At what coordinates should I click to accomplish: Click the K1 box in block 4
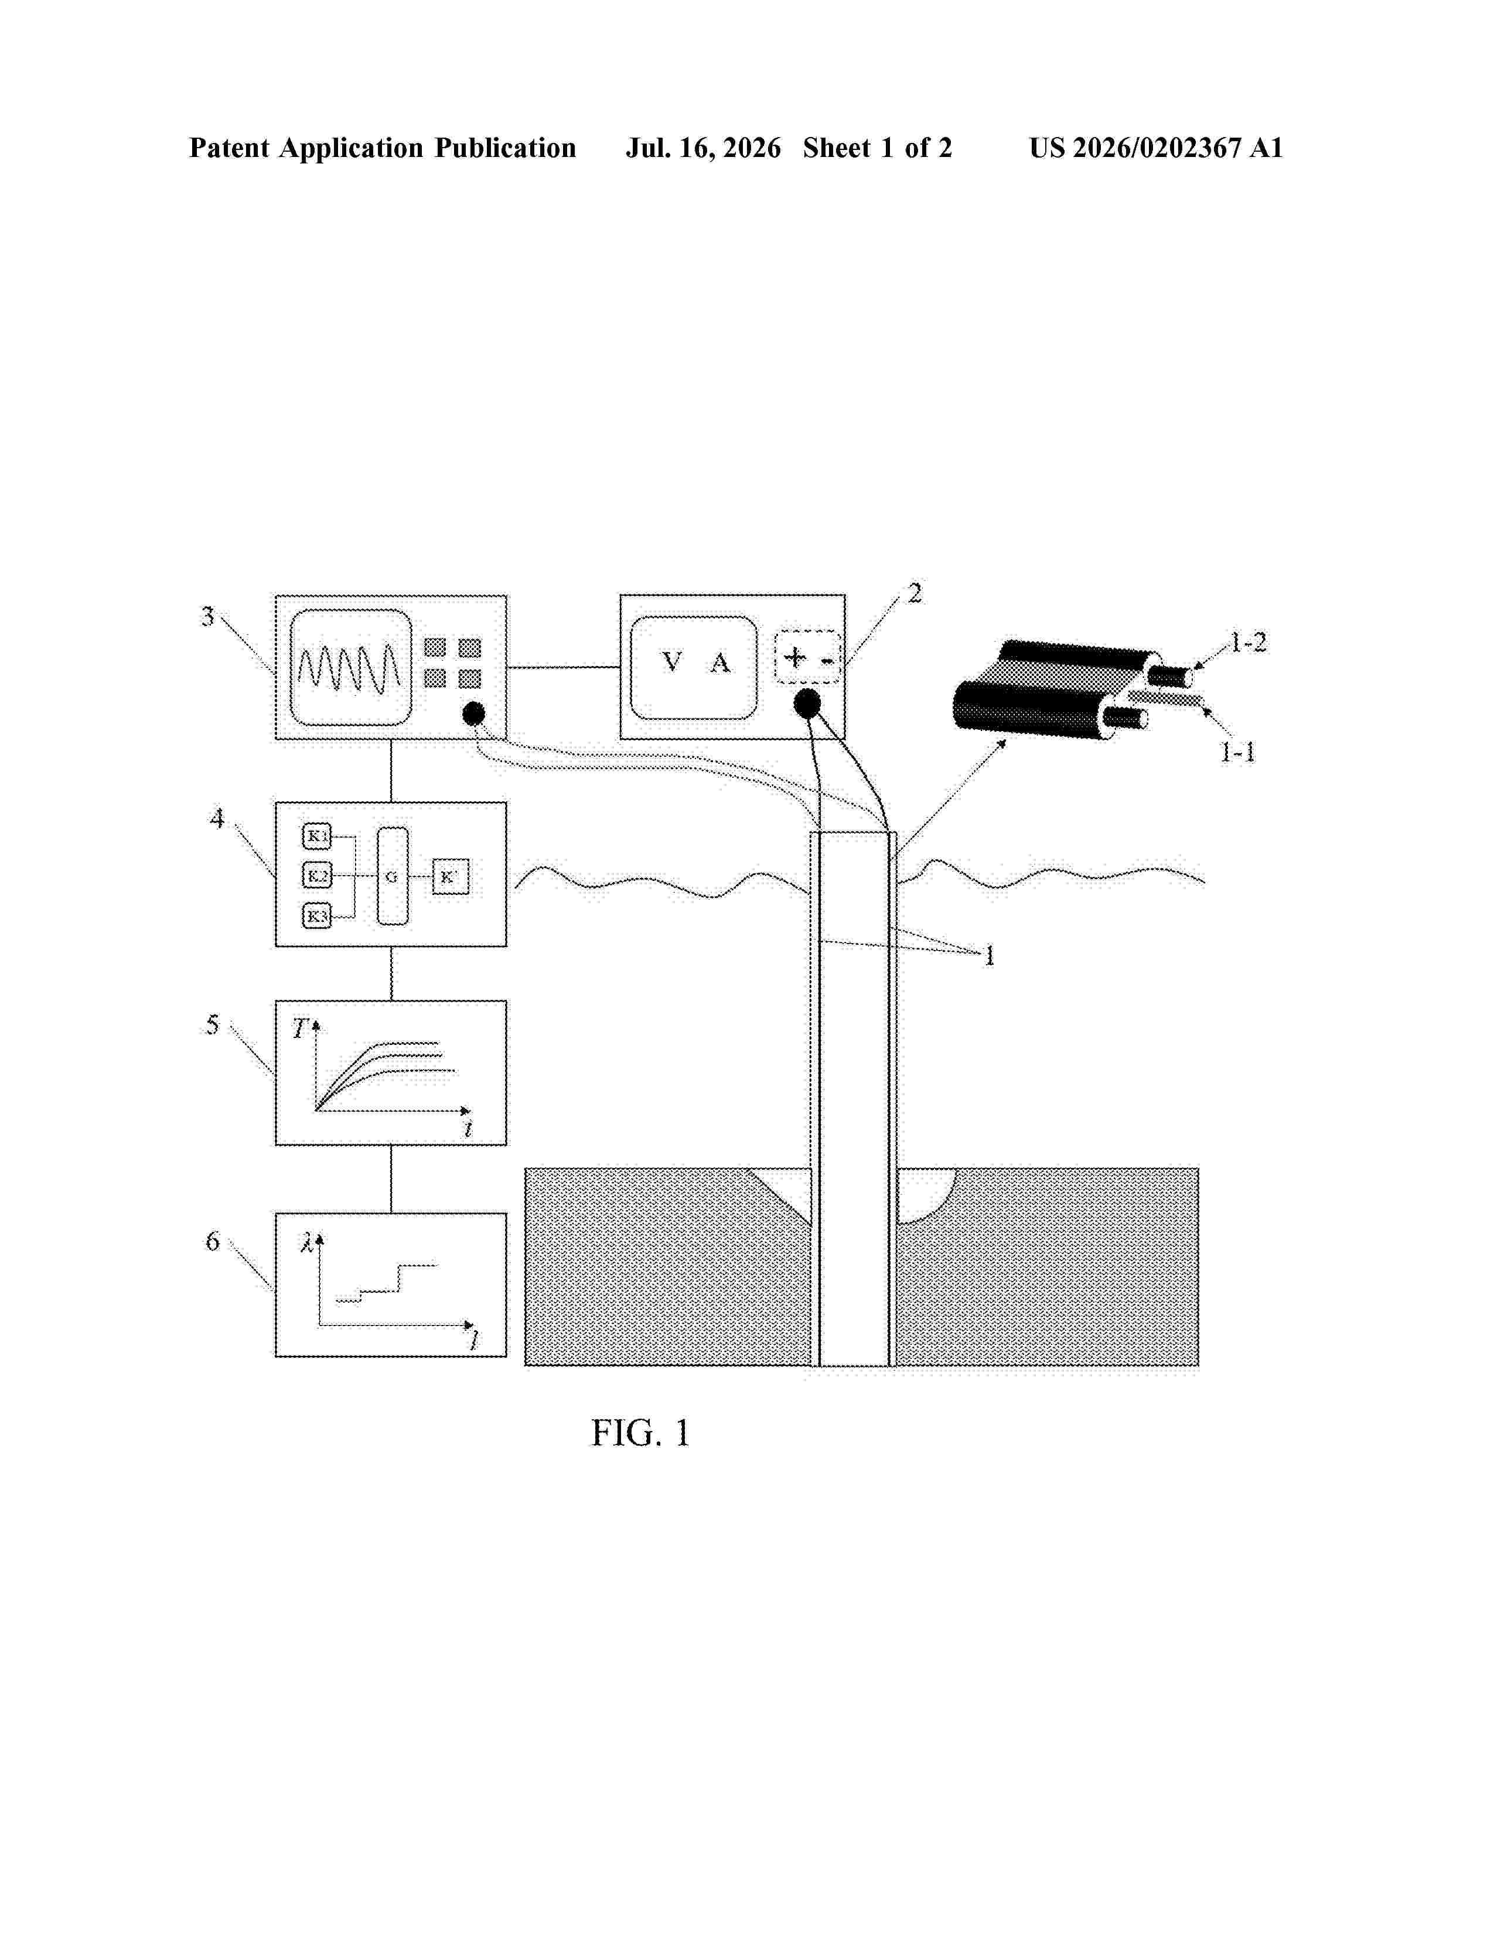[317, 835]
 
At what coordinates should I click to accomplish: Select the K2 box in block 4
[317, 876]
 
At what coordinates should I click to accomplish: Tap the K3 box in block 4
[317, 916]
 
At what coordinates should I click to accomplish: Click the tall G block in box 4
[392, 876]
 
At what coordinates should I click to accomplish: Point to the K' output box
[451, 876]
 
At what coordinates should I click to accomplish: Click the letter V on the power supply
[672, 662]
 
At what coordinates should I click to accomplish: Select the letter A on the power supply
[721, 663]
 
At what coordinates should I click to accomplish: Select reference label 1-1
[1237, 752]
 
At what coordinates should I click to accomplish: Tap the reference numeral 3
[208, 616]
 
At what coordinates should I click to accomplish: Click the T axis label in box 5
[299, 1029]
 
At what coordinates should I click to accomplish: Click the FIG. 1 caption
[640, 1433]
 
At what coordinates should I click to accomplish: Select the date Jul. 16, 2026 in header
[704, 148]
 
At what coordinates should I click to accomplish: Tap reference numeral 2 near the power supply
[915, 593]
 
